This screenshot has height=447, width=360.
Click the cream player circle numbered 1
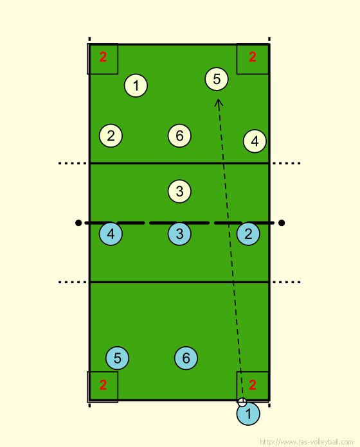tap(136, 85)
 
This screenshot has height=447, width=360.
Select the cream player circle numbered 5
tap(217, 79)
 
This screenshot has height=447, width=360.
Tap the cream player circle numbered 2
tap(111, 136)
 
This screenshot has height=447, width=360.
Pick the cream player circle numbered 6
tap(179, 136)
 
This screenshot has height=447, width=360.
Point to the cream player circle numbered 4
tap(255, 141)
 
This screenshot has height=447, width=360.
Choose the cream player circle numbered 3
tap(179, 191)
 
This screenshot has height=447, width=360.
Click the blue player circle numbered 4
tap(111, 234)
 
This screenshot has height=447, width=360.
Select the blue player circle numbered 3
tap(179, 234)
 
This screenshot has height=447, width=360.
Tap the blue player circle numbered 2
tap(248, 234)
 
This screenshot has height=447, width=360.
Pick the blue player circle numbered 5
tap(117, 358)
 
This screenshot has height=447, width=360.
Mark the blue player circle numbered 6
tap(186, 358)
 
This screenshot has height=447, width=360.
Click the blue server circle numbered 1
tap(248, 414)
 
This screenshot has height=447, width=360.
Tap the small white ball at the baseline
tap(242, 402)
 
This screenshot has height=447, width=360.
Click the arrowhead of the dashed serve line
tap(219, 100)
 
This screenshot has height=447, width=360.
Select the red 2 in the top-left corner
tap(103, 57)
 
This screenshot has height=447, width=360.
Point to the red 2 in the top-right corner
tap(253, 57)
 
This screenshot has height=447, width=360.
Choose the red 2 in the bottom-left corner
tap(103, 385)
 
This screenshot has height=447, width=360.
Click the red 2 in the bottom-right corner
tap(253, 385)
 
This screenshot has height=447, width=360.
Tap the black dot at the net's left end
tap(78, 223)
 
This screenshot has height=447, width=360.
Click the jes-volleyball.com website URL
tap(307, 442)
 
